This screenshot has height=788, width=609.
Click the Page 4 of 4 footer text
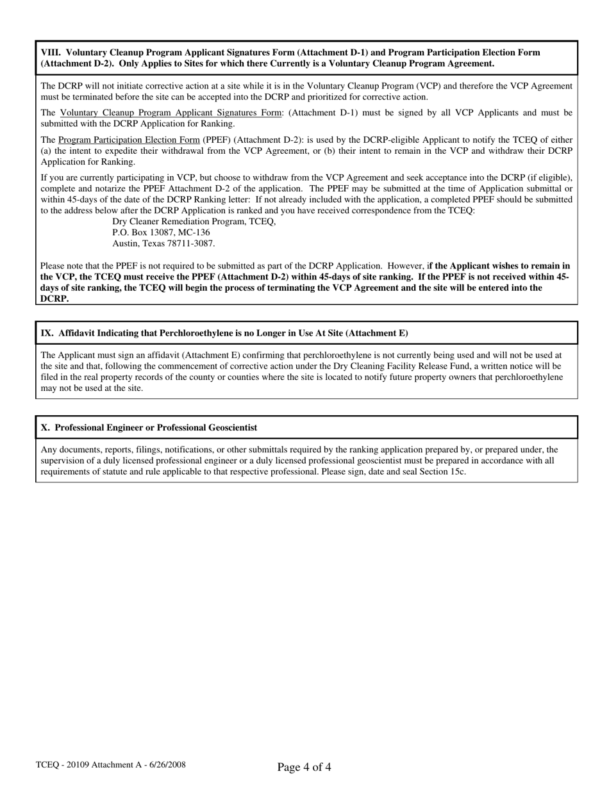coord(304,767)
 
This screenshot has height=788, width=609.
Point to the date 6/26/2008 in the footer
coord(165,764)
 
